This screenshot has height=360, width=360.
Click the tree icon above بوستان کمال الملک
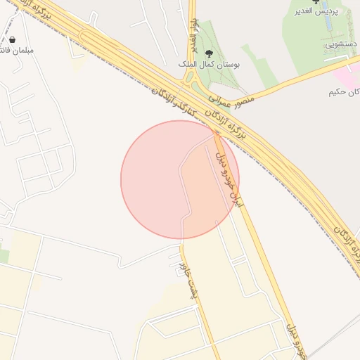coord(208,53)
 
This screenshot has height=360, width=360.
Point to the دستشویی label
coord(342,44)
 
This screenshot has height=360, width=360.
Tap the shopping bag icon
coord(15,40)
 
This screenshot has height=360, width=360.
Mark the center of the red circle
coord(180,179)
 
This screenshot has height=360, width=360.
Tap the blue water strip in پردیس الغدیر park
coord(348,28)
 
